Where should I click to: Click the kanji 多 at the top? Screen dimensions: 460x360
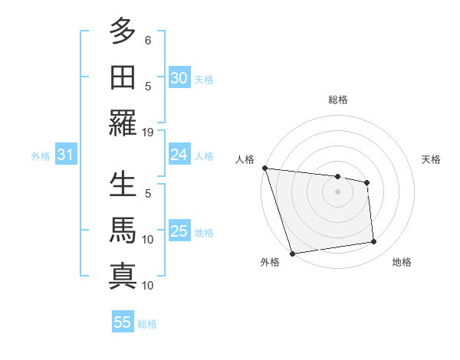click(123, 31)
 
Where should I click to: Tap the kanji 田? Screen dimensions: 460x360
click(123, 77)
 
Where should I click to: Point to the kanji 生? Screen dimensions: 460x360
click(123, 185)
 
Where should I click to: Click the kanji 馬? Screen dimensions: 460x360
click(123, 231)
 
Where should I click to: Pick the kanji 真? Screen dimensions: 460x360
click(123, 277)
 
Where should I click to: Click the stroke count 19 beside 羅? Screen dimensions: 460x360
click(148, 132)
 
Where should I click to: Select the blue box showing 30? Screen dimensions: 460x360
click(179, 78)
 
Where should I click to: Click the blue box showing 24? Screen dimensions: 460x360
click(179, 155)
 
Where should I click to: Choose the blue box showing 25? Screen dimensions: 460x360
click(179, 231)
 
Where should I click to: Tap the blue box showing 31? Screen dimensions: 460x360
click(65, 155)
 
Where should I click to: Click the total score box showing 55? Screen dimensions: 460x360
click(123, 322)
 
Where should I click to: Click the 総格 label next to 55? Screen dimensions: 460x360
click(147, 324)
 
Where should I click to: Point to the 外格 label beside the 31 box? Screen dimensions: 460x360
click(41, 156)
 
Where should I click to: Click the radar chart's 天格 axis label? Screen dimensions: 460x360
click(431, 159)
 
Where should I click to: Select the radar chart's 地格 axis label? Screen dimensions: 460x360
click(402, 262)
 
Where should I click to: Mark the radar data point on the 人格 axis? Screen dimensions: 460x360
click(264, 168)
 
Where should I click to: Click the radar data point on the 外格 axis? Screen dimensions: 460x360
click(292, 253)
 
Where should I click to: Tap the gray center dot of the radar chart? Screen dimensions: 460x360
click(337, 191)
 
